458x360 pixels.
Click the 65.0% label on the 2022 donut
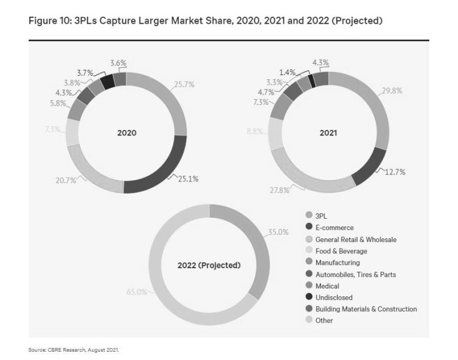tap(137, 293)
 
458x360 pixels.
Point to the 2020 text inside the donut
tap(126, 133)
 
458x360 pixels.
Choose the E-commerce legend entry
tap(334, 228)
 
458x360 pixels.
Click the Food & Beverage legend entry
tap(341, 251)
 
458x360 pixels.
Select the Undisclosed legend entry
tap(333, 297)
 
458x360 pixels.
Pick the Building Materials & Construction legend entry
tap(366, 309)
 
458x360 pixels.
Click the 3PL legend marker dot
tap(309, 216)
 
